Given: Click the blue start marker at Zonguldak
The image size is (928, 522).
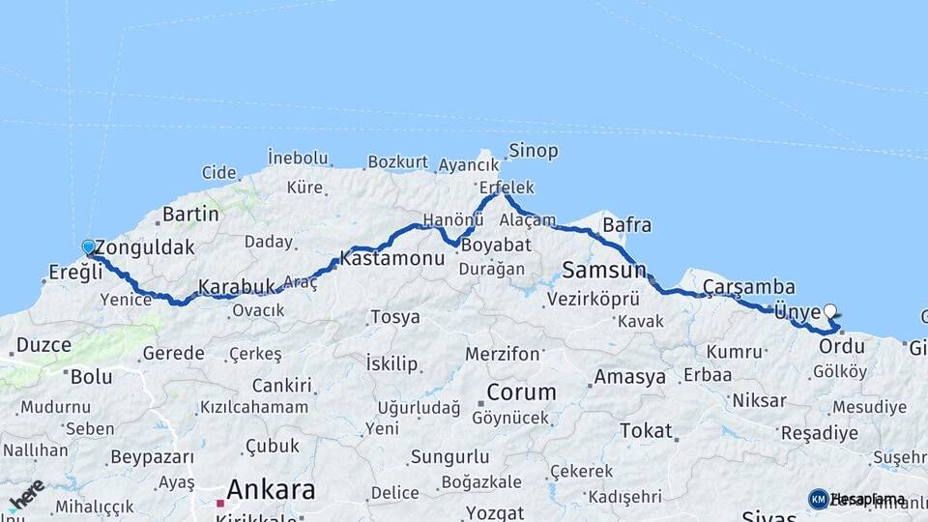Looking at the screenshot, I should (x=88, y=247).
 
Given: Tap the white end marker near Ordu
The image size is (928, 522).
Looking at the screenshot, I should (x=829, y=311).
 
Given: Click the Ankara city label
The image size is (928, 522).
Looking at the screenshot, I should (x=270, y=490).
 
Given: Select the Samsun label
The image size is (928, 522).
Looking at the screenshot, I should (x=596, y=270).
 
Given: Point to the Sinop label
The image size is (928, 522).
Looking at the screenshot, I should (x=533, y=151).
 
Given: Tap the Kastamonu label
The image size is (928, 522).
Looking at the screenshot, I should (x=378, y=259).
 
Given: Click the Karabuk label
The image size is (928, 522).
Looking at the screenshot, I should (x=237, y=287).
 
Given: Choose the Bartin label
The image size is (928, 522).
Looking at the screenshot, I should (x=190, y=214).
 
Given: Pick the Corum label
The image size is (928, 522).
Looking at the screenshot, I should (x=521, y=392).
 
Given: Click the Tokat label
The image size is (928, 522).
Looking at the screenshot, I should (x=645, y=431).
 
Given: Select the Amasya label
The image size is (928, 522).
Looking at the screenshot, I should (x=630, y=376).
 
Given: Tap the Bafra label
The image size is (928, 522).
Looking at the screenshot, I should (x=626, y=225).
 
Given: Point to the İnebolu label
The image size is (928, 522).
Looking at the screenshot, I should (x=298, y=157).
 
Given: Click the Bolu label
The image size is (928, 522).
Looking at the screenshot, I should (x=90, y=375).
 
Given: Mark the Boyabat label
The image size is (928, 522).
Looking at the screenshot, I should (x=496, y=246).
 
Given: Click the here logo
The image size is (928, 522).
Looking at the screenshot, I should (x=26, y=495).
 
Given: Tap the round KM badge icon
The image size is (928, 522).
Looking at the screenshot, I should (x=818, y=499).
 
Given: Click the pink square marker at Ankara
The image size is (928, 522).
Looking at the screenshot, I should (x=220, y=503).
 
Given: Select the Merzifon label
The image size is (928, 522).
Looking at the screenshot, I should (x=502, y=354).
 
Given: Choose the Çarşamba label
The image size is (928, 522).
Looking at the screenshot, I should (x=748, y=287).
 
